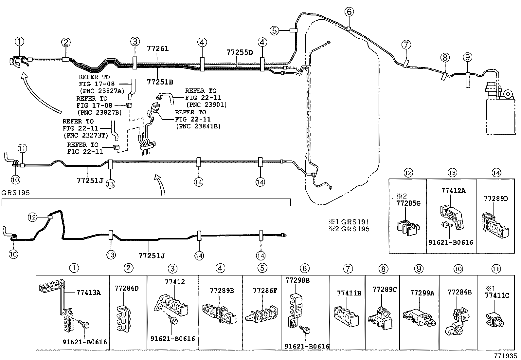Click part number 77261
(158, 49)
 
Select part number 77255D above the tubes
(240, 52)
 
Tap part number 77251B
(160, 82)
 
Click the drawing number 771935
(506, 355)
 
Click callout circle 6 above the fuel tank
(349, 12)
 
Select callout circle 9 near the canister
(468, 57)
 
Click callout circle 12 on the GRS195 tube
(32, 217)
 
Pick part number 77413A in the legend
(89, 293)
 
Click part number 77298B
(298, 280)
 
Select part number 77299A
(422, 293)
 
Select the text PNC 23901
(207, 105)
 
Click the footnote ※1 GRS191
(349, 222)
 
